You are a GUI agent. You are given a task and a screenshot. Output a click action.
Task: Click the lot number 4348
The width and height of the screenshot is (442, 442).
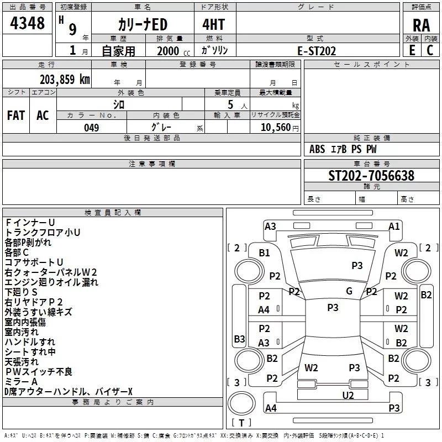point(28,23)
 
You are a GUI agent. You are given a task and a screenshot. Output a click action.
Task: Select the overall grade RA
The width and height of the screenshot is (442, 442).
point(421,25)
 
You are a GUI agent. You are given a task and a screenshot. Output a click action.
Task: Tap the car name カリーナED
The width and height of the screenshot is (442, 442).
point(143,25)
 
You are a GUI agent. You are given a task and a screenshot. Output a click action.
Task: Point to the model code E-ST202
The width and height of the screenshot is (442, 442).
point(317,51)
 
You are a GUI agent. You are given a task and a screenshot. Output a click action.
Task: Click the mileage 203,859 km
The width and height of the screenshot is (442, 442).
point(65,79)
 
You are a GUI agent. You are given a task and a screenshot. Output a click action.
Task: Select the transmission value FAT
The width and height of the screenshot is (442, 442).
point(16,115)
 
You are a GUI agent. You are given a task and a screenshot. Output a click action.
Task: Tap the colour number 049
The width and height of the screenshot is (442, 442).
point(92,128)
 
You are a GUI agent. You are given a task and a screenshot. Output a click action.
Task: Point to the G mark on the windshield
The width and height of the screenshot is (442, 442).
point(349,291)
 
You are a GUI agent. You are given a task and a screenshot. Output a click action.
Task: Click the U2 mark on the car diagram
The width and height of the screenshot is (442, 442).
point(348,395)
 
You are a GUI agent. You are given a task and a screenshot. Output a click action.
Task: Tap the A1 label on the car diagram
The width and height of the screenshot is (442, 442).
point(394,226)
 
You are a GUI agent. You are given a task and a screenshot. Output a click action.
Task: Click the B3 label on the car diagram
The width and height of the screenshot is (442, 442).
point(239,339)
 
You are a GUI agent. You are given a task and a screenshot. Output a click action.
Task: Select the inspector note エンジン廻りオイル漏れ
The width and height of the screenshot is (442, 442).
point(51,282)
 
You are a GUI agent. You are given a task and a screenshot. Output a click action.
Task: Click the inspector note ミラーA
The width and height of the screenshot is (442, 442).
point(21,382)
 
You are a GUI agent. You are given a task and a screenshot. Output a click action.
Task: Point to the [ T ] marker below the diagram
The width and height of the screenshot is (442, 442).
point(241,423)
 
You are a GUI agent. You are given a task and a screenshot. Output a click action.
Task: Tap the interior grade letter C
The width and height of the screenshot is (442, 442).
point(430,51)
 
